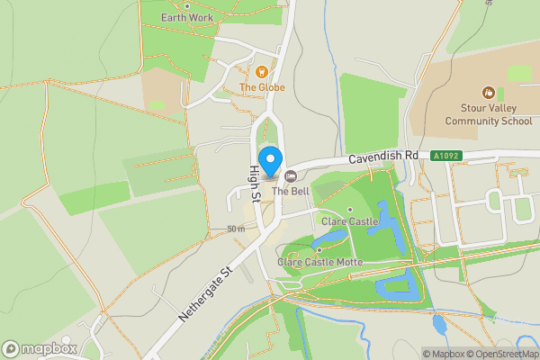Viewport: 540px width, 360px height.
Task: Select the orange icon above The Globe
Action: (x=262, y=72)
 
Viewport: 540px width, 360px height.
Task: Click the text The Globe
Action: (x=262, y=87)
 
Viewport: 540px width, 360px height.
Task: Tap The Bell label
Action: (x=292, y=191)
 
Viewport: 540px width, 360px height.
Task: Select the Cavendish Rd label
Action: (x=385, y=156)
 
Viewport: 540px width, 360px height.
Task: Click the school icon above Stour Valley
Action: (x=488, y=92)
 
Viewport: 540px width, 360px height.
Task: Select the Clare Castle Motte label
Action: (x=319, y=262)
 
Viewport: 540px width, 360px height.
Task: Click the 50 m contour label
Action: (x=236, y=229)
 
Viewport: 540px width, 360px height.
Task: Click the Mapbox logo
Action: (x=40, y=348)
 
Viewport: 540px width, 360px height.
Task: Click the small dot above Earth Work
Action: (x=187, y=5)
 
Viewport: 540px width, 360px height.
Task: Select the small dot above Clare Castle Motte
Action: (x=319, y=250)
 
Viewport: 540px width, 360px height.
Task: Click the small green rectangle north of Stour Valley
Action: (x=519, y=73)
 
